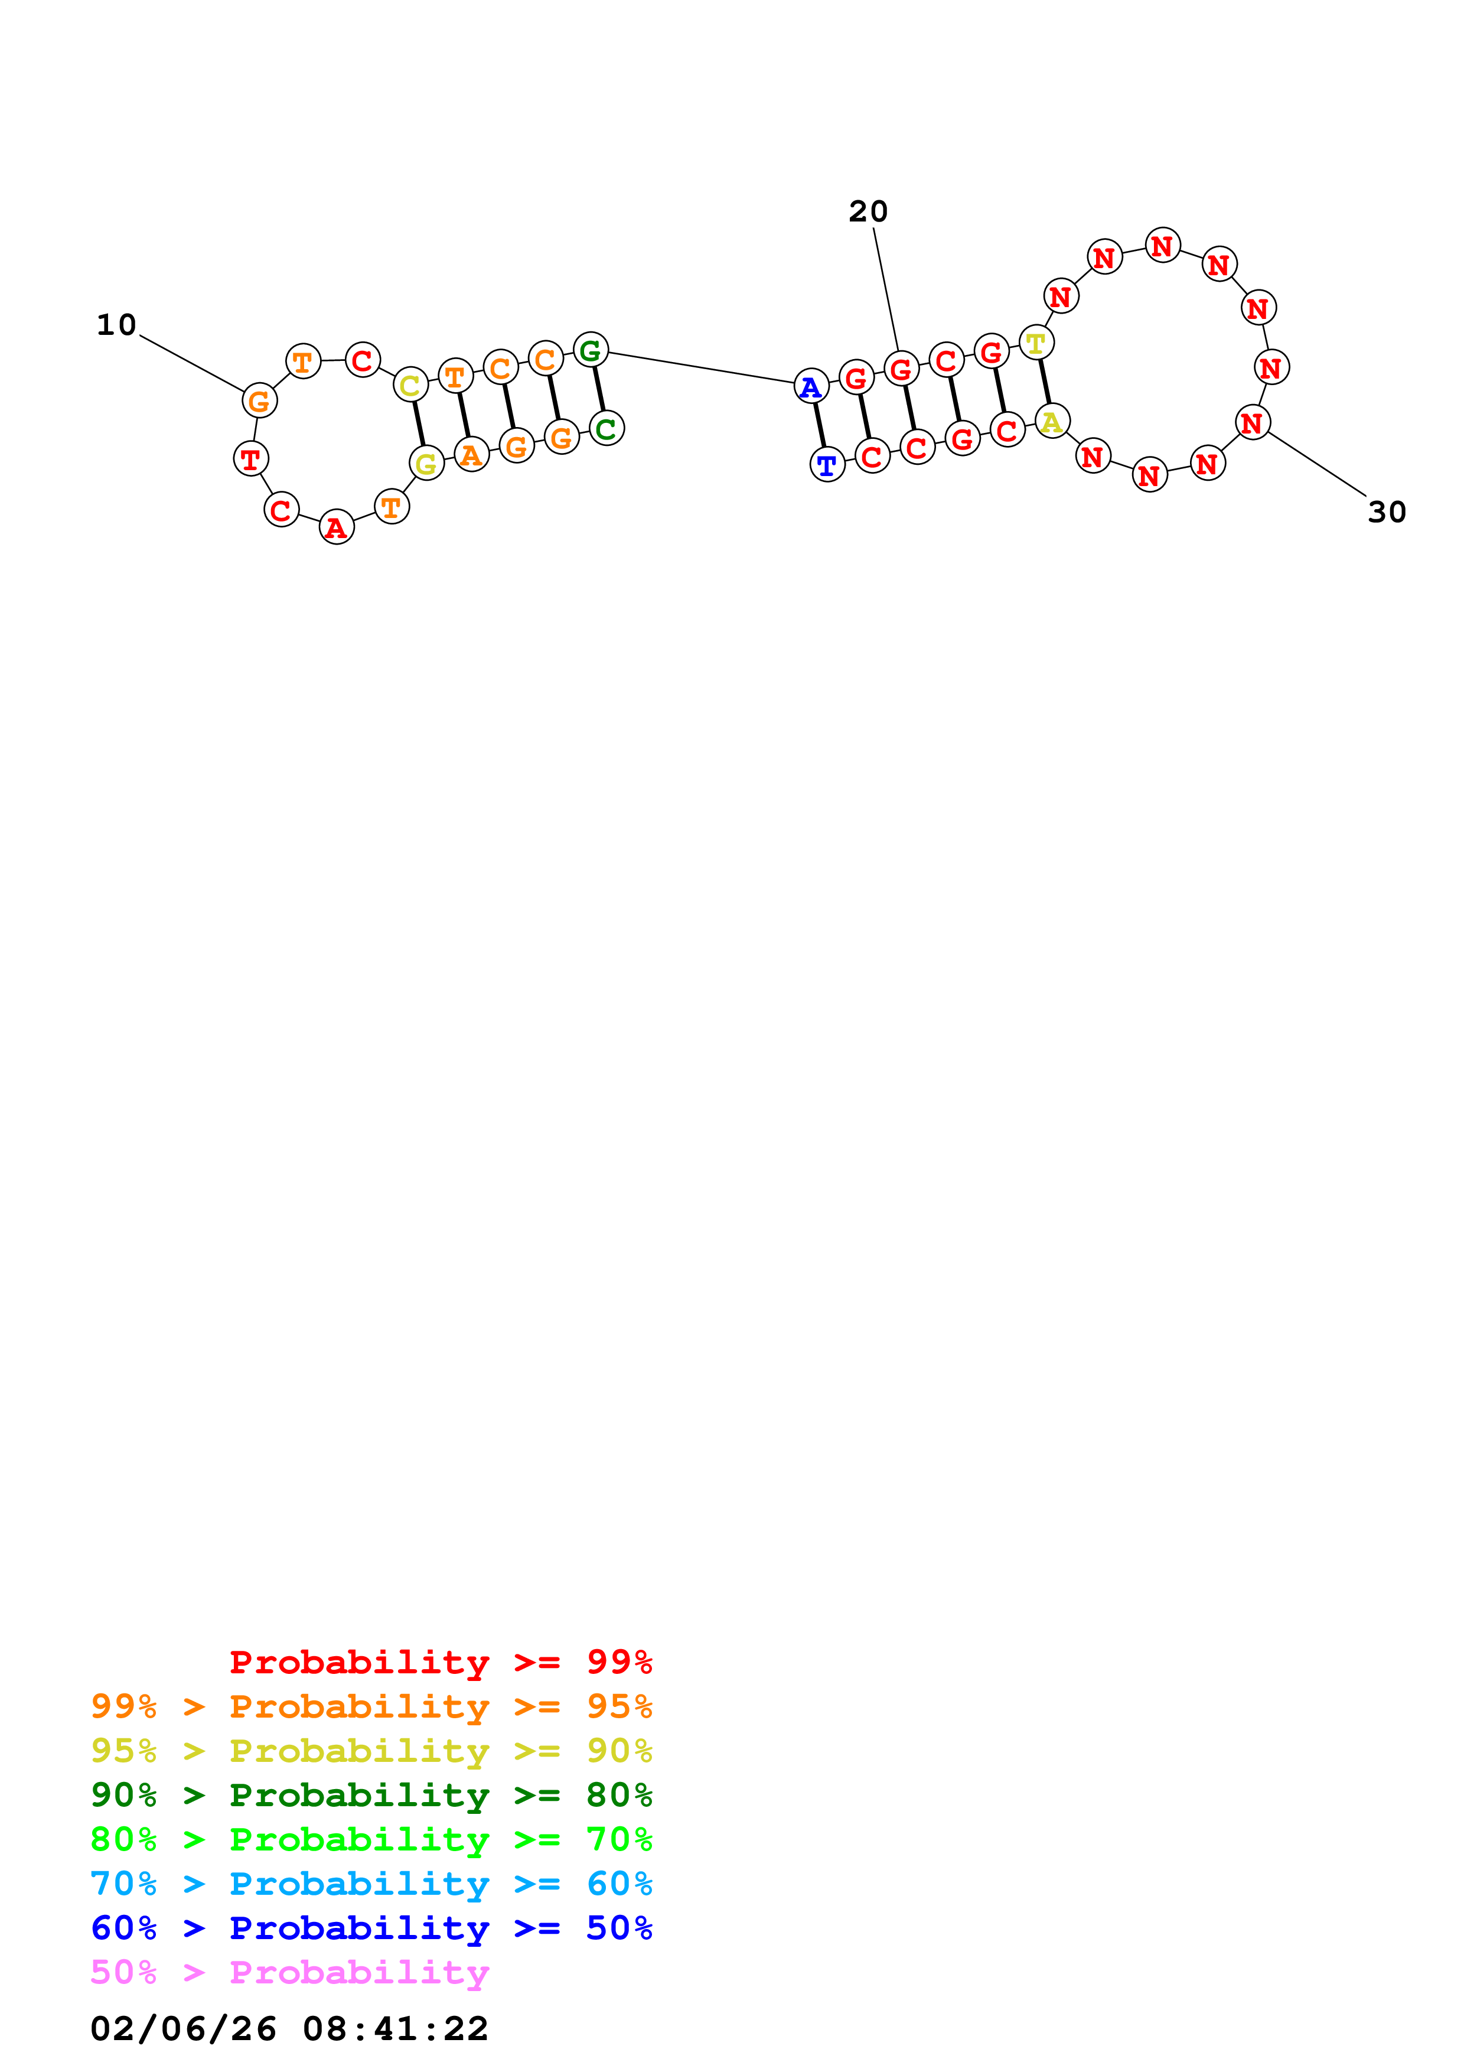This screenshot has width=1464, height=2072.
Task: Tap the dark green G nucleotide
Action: [x=590, y=349]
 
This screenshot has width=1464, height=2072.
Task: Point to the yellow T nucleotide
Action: [x=1035, y=343]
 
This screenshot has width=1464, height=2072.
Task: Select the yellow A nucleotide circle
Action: [x=1052, y=422]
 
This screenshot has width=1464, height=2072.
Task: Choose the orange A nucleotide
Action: [x=471, y=454]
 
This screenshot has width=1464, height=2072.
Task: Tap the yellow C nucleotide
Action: [x=410, y=385]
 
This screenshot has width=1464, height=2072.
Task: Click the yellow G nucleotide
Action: [x=426, y=464]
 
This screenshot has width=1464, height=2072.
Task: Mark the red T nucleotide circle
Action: [x=251, y=458]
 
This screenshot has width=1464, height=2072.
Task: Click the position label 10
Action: [x=116, y=325]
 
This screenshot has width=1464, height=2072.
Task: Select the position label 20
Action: [x=868, y=211]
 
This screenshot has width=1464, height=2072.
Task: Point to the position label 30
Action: [x=1387, y=512]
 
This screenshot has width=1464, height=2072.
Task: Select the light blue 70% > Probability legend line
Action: [x=371, y=1884]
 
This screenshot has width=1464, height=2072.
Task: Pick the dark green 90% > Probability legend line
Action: [x=371, y=1795]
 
